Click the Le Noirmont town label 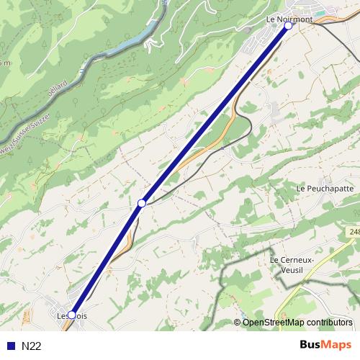[289, 19]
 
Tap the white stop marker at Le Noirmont [288, 26]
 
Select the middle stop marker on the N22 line [142, 204]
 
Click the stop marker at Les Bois [72, 314]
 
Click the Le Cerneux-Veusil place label [293, 264]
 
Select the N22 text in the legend [32, 346]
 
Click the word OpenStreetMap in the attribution [273, 323]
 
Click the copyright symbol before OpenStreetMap [238, 323]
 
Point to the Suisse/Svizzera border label [16, 136]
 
